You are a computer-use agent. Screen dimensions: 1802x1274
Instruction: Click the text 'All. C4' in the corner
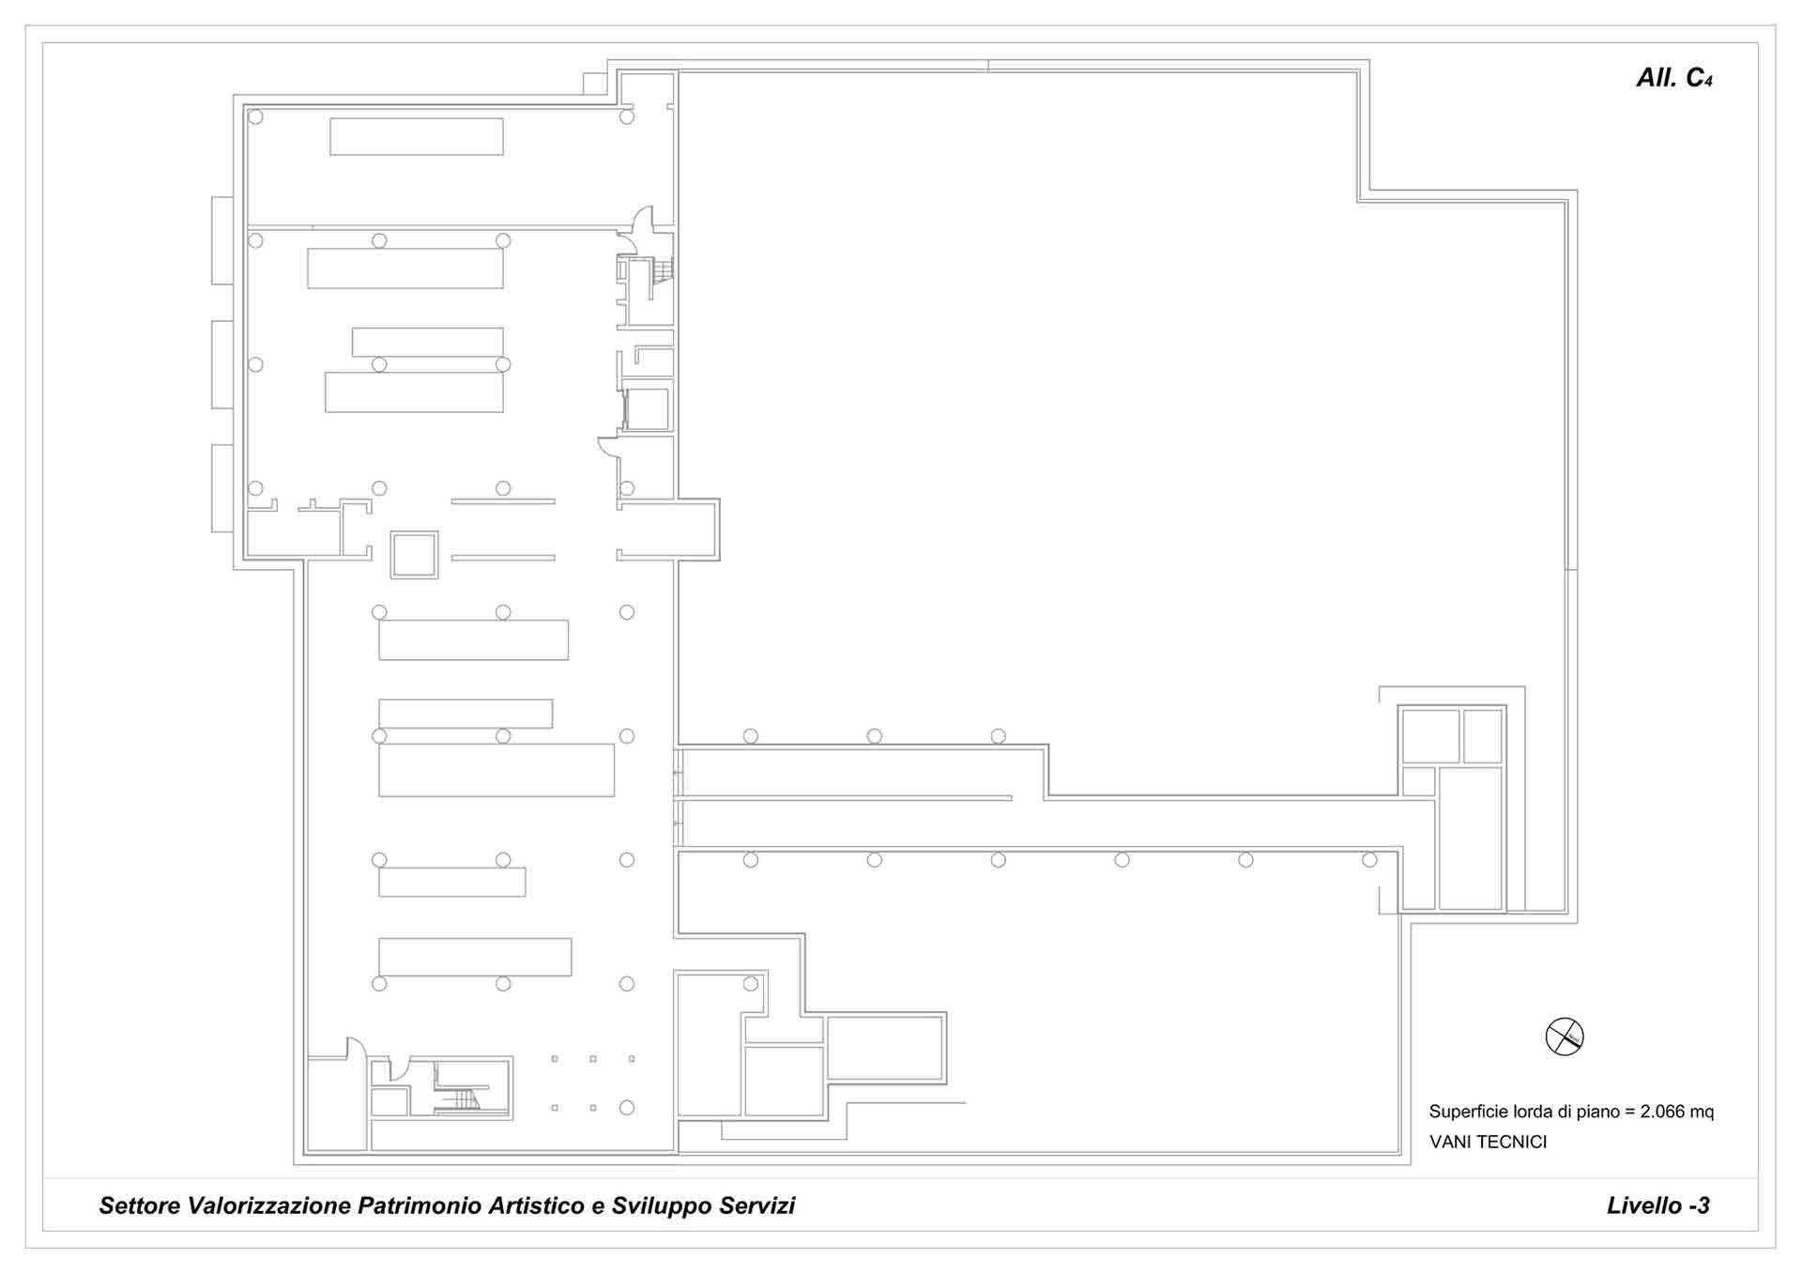pyautogui.click(x=1674, y=78)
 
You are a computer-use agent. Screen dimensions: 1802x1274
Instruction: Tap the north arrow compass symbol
pyautogui.click(x=1565, y=1036)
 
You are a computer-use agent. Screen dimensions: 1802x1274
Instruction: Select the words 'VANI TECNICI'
pyautogui.click(x=1488, y=1142)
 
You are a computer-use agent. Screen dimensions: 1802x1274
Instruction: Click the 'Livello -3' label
pyautogui.click(x=1658, y=1205)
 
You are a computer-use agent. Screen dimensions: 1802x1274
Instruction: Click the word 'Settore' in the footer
pyautogui.click(x=141, y=1205)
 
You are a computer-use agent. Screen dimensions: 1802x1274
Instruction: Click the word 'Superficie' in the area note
pyautogui.click(x=1469, y=1112)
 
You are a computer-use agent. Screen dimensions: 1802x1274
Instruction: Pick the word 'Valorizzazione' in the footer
pyautogui.click(x=269, y=1205)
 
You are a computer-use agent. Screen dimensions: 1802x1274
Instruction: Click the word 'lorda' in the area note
pyautogui.click(x=1533, y=1112)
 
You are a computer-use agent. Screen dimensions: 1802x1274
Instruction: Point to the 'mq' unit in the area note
pyautogui.click(x=1702, y=1113)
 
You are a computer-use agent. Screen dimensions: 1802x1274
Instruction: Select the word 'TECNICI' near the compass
pyautogui.click(x=1513, y=1142)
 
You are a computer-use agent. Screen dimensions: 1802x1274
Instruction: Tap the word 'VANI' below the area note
pyautogui.click(x=1451, y=1142)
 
